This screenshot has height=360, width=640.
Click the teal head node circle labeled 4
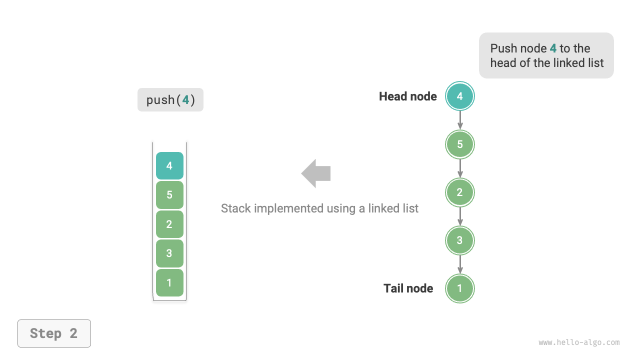pos(459,96)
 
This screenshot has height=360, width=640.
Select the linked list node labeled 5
pos(459,144)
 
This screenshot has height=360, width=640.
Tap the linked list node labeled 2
pos(459,192)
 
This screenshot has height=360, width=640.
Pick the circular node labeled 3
pos(459,240)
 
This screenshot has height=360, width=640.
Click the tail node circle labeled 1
pos(459,288)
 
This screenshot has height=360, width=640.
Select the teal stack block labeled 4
pos(169,165)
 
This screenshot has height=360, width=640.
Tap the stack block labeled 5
pos(169,195)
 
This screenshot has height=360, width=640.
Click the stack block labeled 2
pos(169,224)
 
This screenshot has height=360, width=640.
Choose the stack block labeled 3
pos(169,253)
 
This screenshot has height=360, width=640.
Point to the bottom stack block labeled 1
pos(169,282)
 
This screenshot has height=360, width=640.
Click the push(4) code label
pos(170,100)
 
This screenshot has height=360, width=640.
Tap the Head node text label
pos(407,96)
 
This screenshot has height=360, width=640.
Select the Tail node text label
pos(408,288)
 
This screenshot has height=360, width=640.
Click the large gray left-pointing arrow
pos(316,173)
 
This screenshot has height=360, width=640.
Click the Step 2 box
pos(54,333)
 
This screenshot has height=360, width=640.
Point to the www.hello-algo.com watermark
pos(579,342)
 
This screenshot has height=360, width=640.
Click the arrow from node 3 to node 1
pos(459,264)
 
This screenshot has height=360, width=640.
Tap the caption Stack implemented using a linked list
pos(319,208)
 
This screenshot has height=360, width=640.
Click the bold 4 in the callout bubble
pos(553,48)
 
